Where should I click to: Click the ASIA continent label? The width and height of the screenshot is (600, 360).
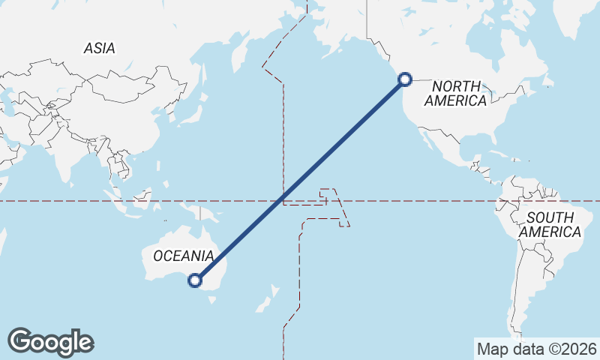(x=100, y=48)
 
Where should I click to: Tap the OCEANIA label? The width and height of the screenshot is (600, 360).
(x=183, y=256)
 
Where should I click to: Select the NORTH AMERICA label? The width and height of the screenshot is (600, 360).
(x=455, y=94)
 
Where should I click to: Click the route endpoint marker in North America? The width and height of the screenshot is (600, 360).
(x=405, y=79)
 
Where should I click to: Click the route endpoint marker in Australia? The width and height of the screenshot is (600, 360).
(x=195, y=280)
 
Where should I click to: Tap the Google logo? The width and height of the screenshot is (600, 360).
(x=50, y=342)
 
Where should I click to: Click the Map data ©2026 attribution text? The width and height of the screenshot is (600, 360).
(x=536, y=349)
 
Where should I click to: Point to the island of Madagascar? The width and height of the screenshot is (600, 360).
(x=2, y=240)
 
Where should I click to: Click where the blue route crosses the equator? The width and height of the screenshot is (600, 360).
(x=282, y=201)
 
